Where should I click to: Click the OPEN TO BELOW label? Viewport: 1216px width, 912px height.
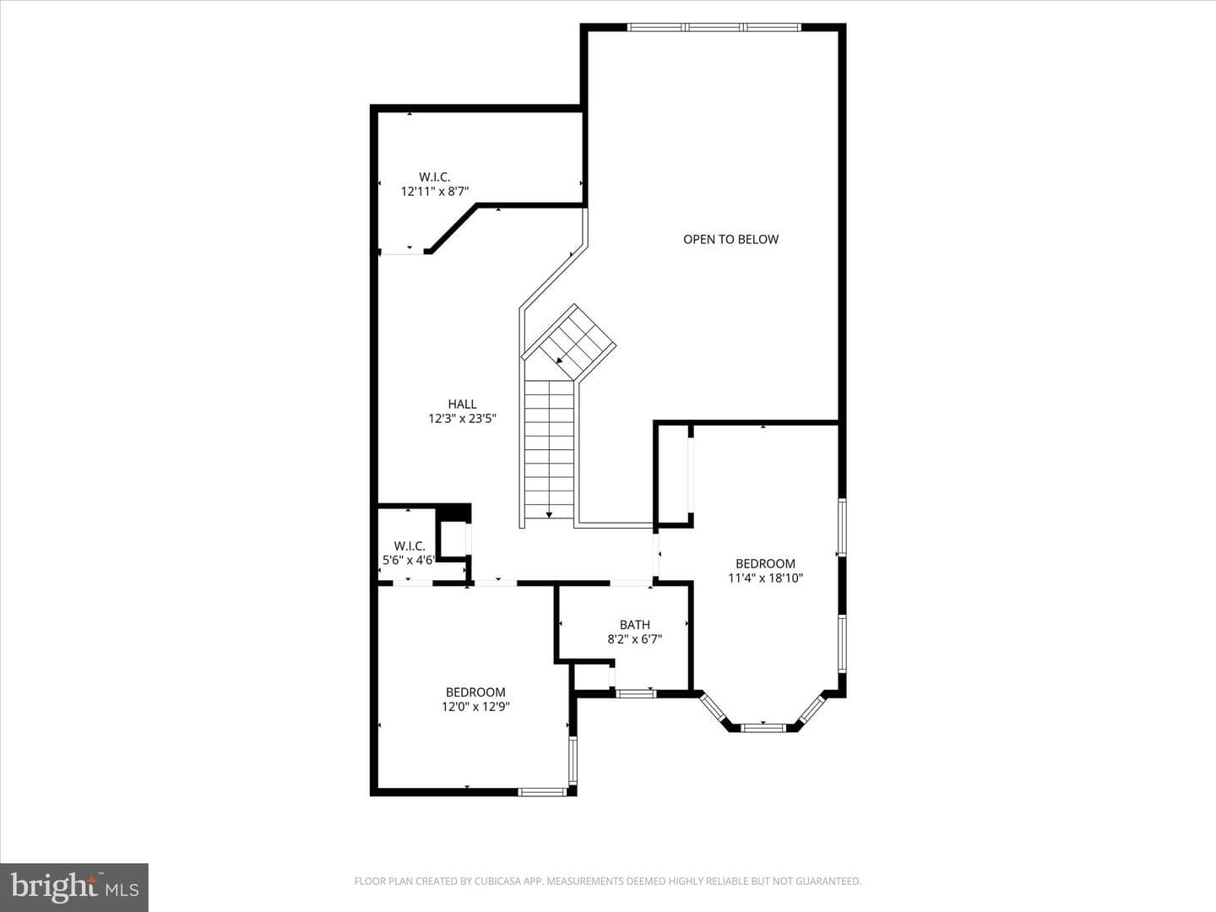coord(730,239)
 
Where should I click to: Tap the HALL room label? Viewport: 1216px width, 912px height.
coord(462,404)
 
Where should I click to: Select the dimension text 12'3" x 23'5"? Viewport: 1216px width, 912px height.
coord(462,419)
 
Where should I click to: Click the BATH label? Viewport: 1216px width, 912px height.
coord(635,625)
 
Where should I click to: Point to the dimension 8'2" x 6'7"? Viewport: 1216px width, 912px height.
coord(635,639)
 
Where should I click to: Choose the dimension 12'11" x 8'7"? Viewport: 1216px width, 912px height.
coord(435,192)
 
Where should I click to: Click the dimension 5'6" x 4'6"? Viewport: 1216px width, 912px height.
coord(409,560)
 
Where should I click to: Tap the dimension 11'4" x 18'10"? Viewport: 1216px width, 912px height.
coord(766,578)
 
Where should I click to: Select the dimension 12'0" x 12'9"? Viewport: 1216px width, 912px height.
coord(475,707)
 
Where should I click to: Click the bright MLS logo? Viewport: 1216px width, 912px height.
coord(74,887)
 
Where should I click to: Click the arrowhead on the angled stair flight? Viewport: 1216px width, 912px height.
coord(560,361)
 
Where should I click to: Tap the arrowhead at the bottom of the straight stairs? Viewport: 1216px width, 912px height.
coord(549,515)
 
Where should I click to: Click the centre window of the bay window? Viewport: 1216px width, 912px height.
coord(763,727)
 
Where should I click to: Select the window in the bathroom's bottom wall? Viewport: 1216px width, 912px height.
coord(636,692)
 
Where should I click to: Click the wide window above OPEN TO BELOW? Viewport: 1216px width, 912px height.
coord(714,26)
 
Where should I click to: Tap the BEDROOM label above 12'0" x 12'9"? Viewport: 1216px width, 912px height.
coord(475,692)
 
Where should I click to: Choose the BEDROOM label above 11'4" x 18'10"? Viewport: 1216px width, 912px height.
coord(766,564)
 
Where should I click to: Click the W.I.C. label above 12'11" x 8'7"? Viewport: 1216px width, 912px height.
coord(435,177)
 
